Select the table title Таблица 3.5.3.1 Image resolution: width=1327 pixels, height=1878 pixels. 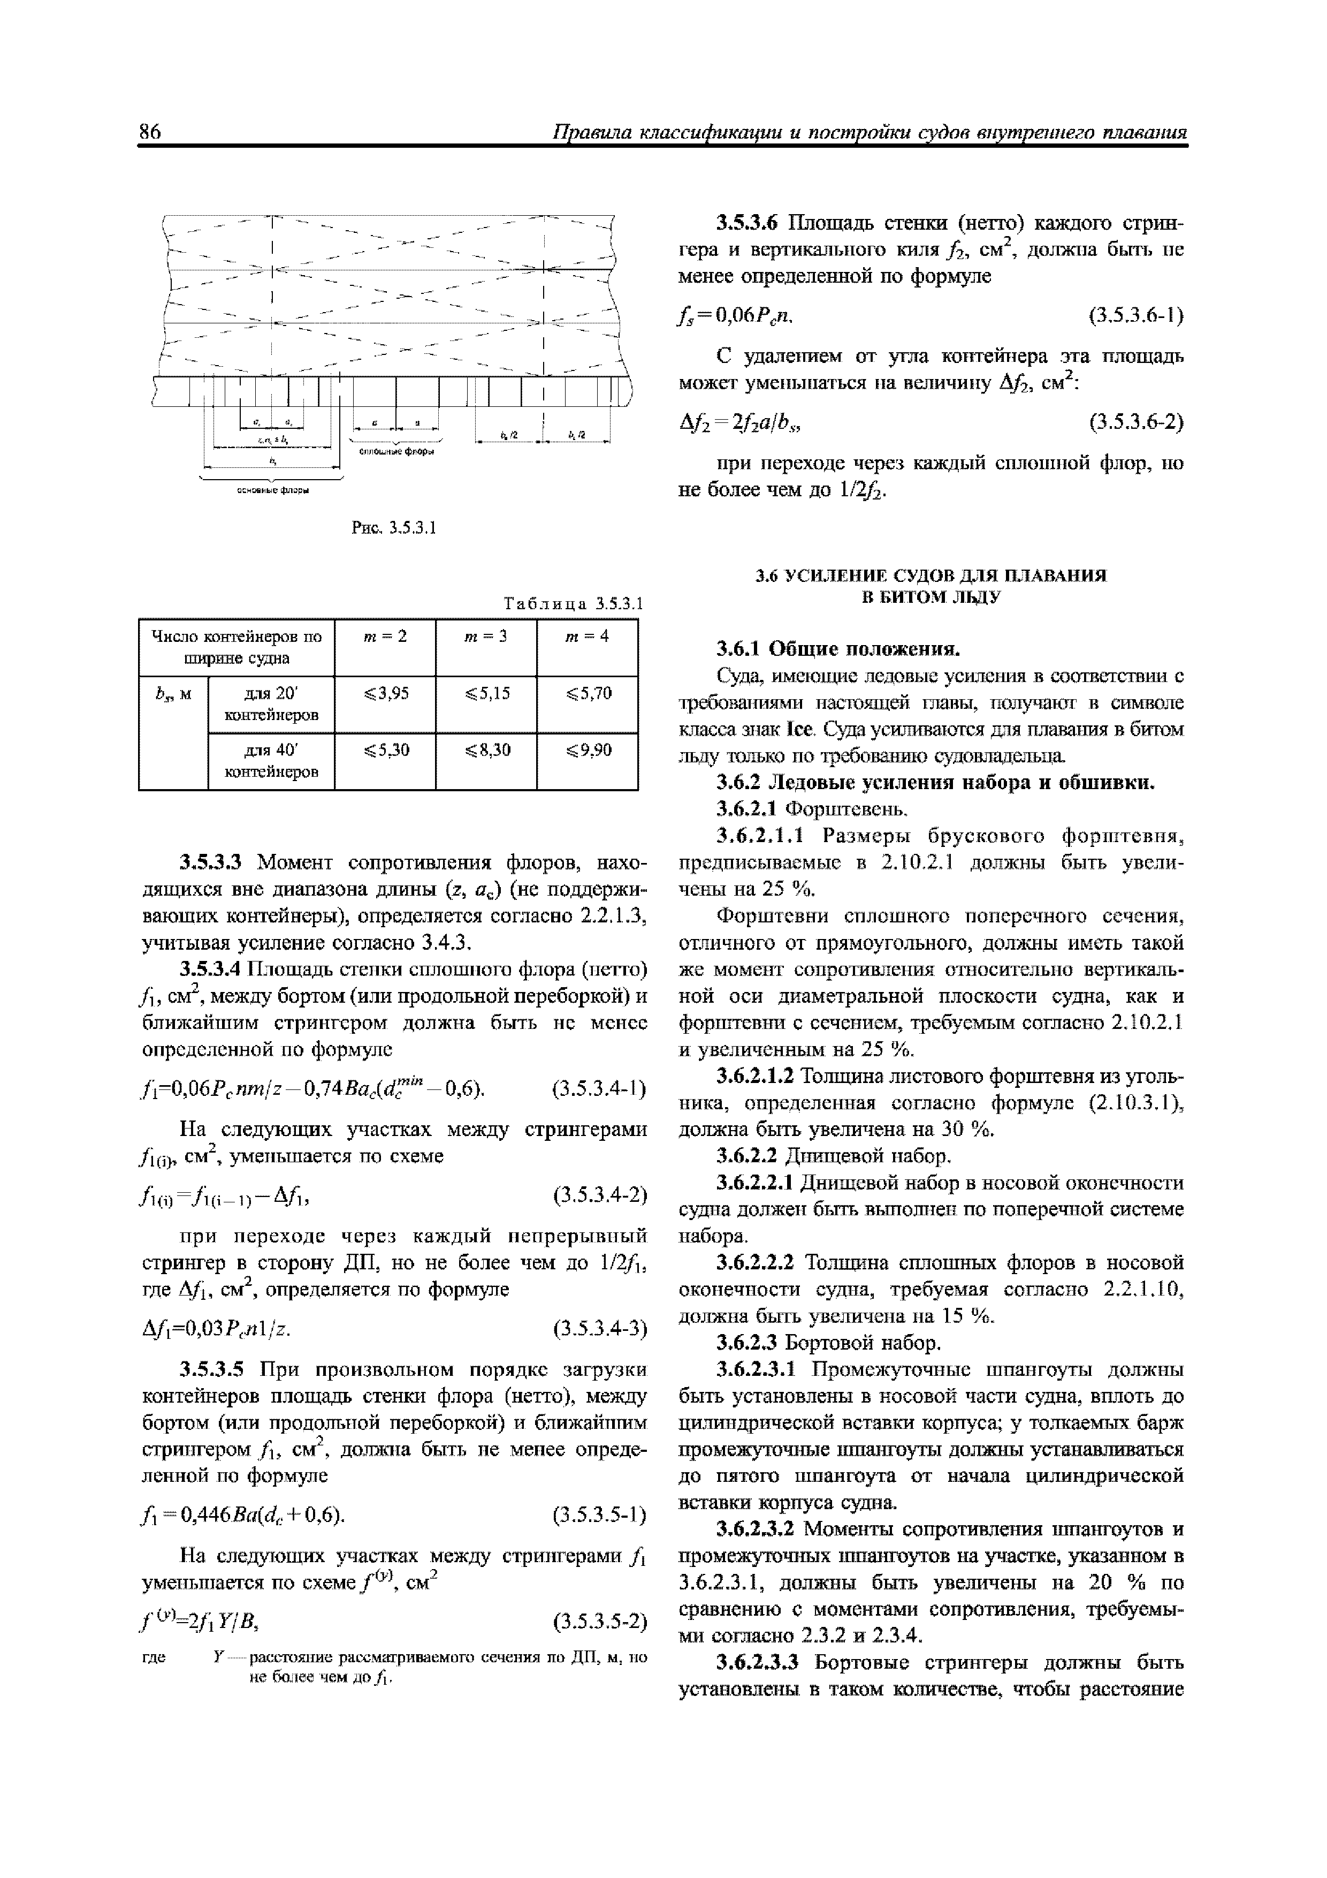pyautogui.click(x=574, y=604)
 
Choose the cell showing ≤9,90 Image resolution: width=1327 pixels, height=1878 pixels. pyautogui.click(x=587, y=749)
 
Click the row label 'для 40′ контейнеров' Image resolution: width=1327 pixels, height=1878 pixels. pyautogui.click(x=271, y=761)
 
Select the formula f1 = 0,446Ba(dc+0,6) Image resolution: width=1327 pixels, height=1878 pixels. pyautogui.click(x=243, y=1516)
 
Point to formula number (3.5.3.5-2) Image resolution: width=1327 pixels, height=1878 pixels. pyautogui.click(x=599, y=1620)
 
